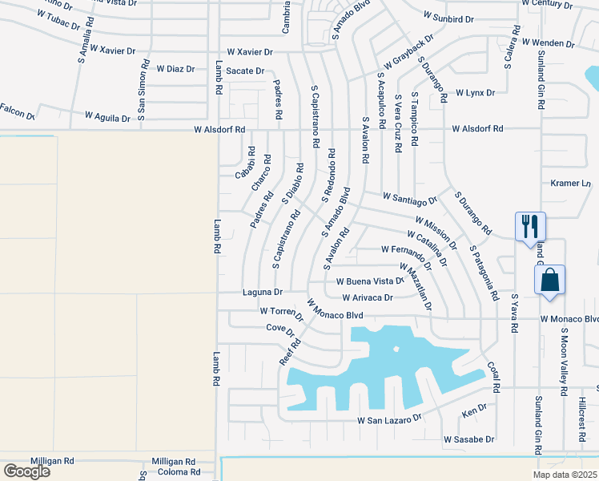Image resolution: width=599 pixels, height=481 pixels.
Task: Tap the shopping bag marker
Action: (549, 280)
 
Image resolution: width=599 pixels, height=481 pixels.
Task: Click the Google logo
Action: (26, 471)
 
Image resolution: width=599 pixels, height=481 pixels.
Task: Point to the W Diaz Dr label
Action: (175, 69)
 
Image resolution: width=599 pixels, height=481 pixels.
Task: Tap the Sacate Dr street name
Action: (245, 71)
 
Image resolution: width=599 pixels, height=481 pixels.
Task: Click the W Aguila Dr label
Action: (103, 118)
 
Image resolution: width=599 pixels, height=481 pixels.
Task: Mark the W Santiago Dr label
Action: (410, 197)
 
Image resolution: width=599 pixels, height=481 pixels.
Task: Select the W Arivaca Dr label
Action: (367, 297)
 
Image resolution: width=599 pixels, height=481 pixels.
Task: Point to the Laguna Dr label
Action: (263, 293)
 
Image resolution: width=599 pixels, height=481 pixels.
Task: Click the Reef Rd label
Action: (290, 352)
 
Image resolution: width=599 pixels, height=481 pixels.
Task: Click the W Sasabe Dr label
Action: (468, 439)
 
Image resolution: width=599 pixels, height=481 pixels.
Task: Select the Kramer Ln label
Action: (570, 184)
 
